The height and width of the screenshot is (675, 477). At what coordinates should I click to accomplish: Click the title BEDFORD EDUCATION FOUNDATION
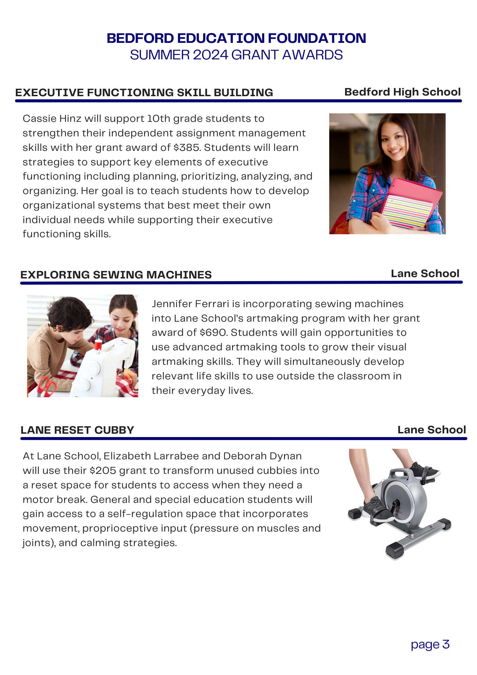click(236, 38)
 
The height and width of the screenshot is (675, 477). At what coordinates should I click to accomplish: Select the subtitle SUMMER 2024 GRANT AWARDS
click(236, 55)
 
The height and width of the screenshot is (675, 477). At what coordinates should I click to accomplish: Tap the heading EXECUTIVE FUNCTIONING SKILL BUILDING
click(144, 92)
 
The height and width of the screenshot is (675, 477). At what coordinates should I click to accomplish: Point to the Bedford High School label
click(402, 92)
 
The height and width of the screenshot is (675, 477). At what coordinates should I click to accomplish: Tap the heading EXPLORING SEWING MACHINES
click(116, 275)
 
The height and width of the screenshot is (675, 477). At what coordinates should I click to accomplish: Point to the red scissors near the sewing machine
click(46, 386)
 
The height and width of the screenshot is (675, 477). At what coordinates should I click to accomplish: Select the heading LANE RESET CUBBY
click(77, 430)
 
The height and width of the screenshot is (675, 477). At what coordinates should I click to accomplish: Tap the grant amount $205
click(103, 471)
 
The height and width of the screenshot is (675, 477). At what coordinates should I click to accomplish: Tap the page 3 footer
click(430, 645)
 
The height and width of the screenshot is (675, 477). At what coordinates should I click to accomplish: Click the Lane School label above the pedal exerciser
click(431, 430)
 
